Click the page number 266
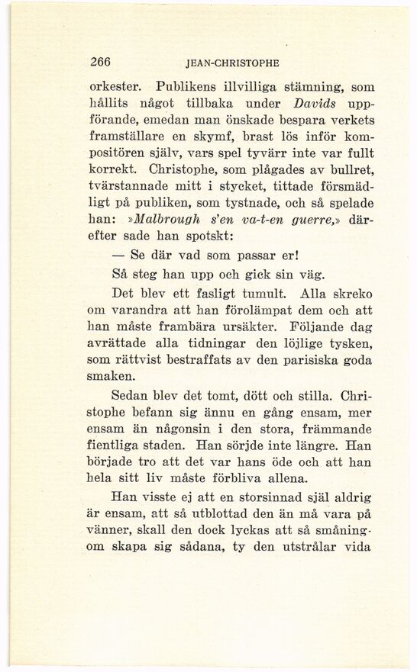[102, 65]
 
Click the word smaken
[112, 383]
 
